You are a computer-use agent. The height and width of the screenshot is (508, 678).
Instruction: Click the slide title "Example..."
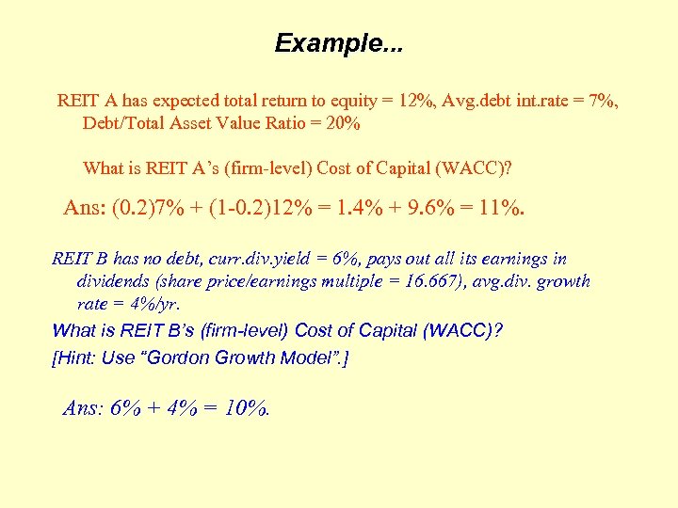click(338, 43)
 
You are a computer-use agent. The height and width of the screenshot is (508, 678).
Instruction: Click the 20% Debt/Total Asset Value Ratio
click(341, 123)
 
